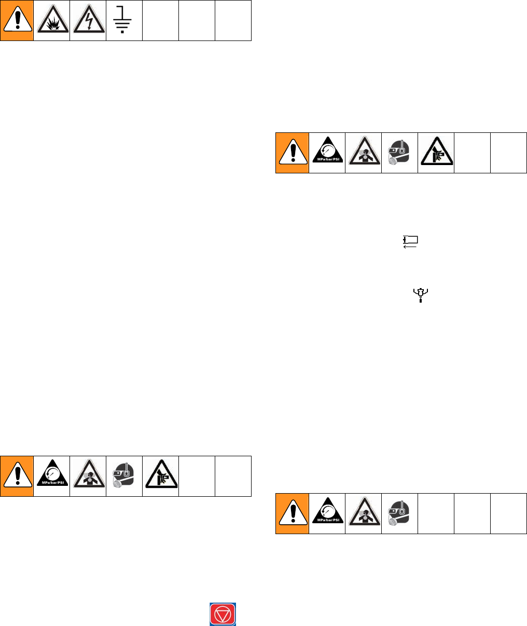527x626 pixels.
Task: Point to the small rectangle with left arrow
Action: point(411,241)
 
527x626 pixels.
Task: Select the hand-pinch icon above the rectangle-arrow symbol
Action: point(436,153)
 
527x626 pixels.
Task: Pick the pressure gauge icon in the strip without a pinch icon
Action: point(328,513)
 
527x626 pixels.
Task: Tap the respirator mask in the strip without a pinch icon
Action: point(400,513)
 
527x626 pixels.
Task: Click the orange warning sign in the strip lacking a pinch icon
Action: point(292,513)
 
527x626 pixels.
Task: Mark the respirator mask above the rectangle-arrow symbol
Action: point(399,153)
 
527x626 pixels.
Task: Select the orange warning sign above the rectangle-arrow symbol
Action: point(292,153)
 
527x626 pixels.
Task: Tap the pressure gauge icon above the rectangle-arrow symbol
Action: point(328,153)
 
